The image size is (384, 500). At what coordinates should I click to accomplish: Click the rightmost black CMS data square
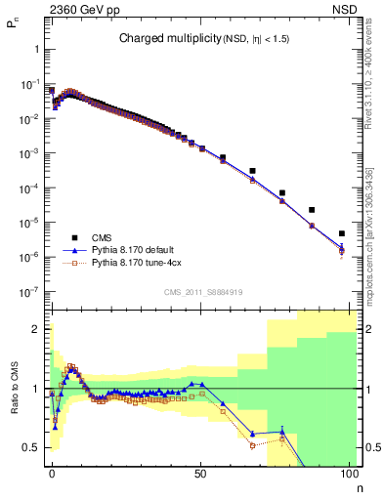tap(341, 233)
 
